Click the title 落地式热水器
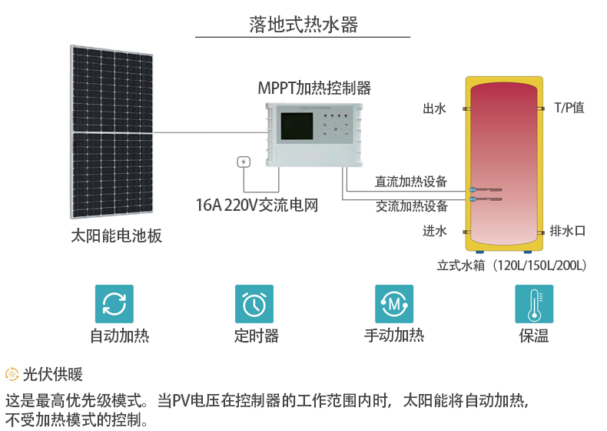coord(303,25)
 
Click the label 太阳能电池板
coord(116,236)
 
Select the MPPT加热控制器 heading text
coord(314,87)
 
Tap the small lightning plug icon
coord(244,162)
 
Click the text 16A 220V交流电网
coord(257,205)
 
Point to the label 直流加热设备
coord(411,182)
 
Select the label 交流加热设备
coord(411,206)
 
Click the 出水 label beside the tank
coord(434,109)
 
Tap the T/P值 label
coord(569,108)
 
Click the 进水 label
coord(434,231)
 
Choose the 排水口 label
coord(568,231)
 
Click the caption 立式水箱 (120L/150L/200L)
coord(512,266)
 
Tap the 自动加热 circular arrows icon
coord(114,304)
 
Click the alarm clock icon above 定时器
coord(254,304)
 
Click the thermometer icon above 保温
coord(534,304)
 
